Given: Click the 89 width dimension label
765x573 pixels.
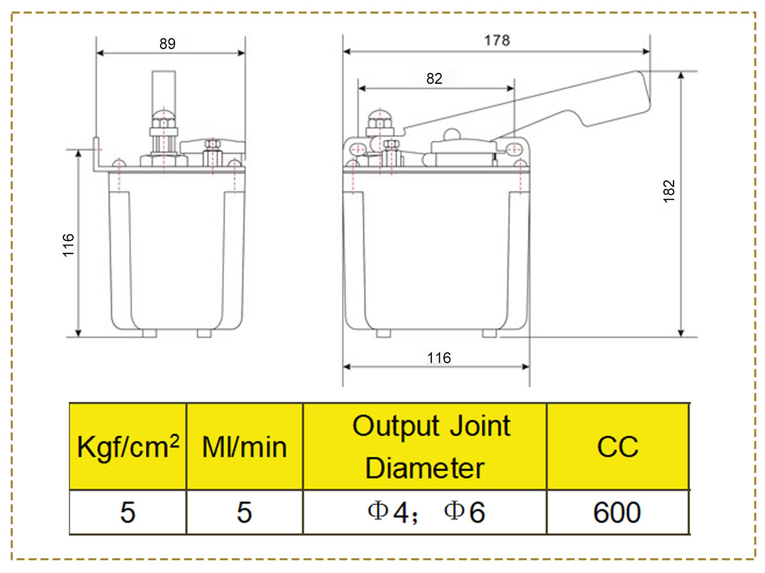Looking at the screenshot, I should coord(167,43).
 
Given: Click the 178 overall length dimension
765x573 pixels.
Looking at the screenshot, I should coord(497,40).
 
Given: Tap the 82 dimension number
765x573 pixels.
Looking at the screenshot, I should coord(434,79).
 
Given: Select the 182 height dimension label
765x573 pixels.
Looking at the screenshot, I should coord(669,191).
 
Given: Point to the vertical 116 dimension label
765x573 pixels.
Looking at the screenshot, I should coord(69,245).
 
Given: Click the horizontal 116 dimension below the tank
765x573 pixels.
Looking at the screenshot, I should coord(439,358).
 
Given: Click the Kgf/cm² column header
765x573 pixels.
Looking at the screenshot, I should coord(128,447).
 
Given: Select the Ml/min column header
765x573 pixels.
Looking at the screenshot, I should coord(244,447).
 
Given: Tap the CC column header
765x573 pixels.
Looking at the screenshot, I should coord(618,447).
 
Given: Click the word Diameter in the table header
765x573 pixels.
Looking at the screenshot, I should coord(425,468).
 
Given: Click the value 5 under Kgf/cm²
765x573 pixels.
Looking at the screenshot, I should coord(128,512).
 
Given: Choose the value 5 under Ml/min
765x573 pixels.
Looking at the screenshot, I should coord(244,512).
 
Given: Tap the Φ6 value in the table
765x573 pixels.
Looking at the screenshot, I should coord(465,512).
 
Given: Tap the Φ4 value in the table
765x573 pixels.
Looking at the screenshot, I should coord(389,512).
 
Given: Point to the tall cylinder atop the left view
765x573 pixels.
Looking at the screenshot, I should coord(164,90).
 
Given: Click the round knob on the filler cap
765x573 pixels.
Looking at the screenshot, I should coord(451,134).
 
